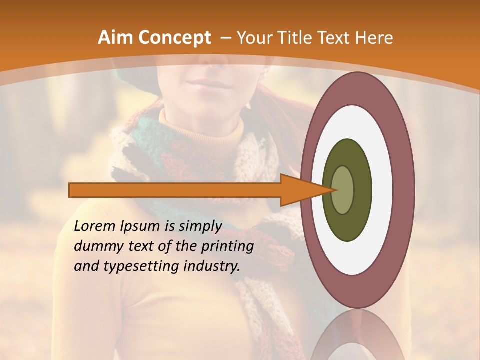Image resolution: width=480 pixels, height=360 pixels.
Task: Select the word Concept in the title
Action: click(174, 37)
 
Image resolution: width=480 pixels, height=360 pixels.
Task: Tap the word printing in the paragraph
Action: click(228, 246)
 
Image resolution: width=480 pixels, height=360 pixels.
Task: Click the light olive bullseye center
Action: click(343, 190)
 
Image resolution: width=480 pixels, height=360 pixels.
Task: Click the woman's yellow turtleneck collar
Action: click(200, 127)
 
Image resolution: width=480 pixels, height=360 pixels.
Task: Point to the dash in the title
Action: click(225, 37)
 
